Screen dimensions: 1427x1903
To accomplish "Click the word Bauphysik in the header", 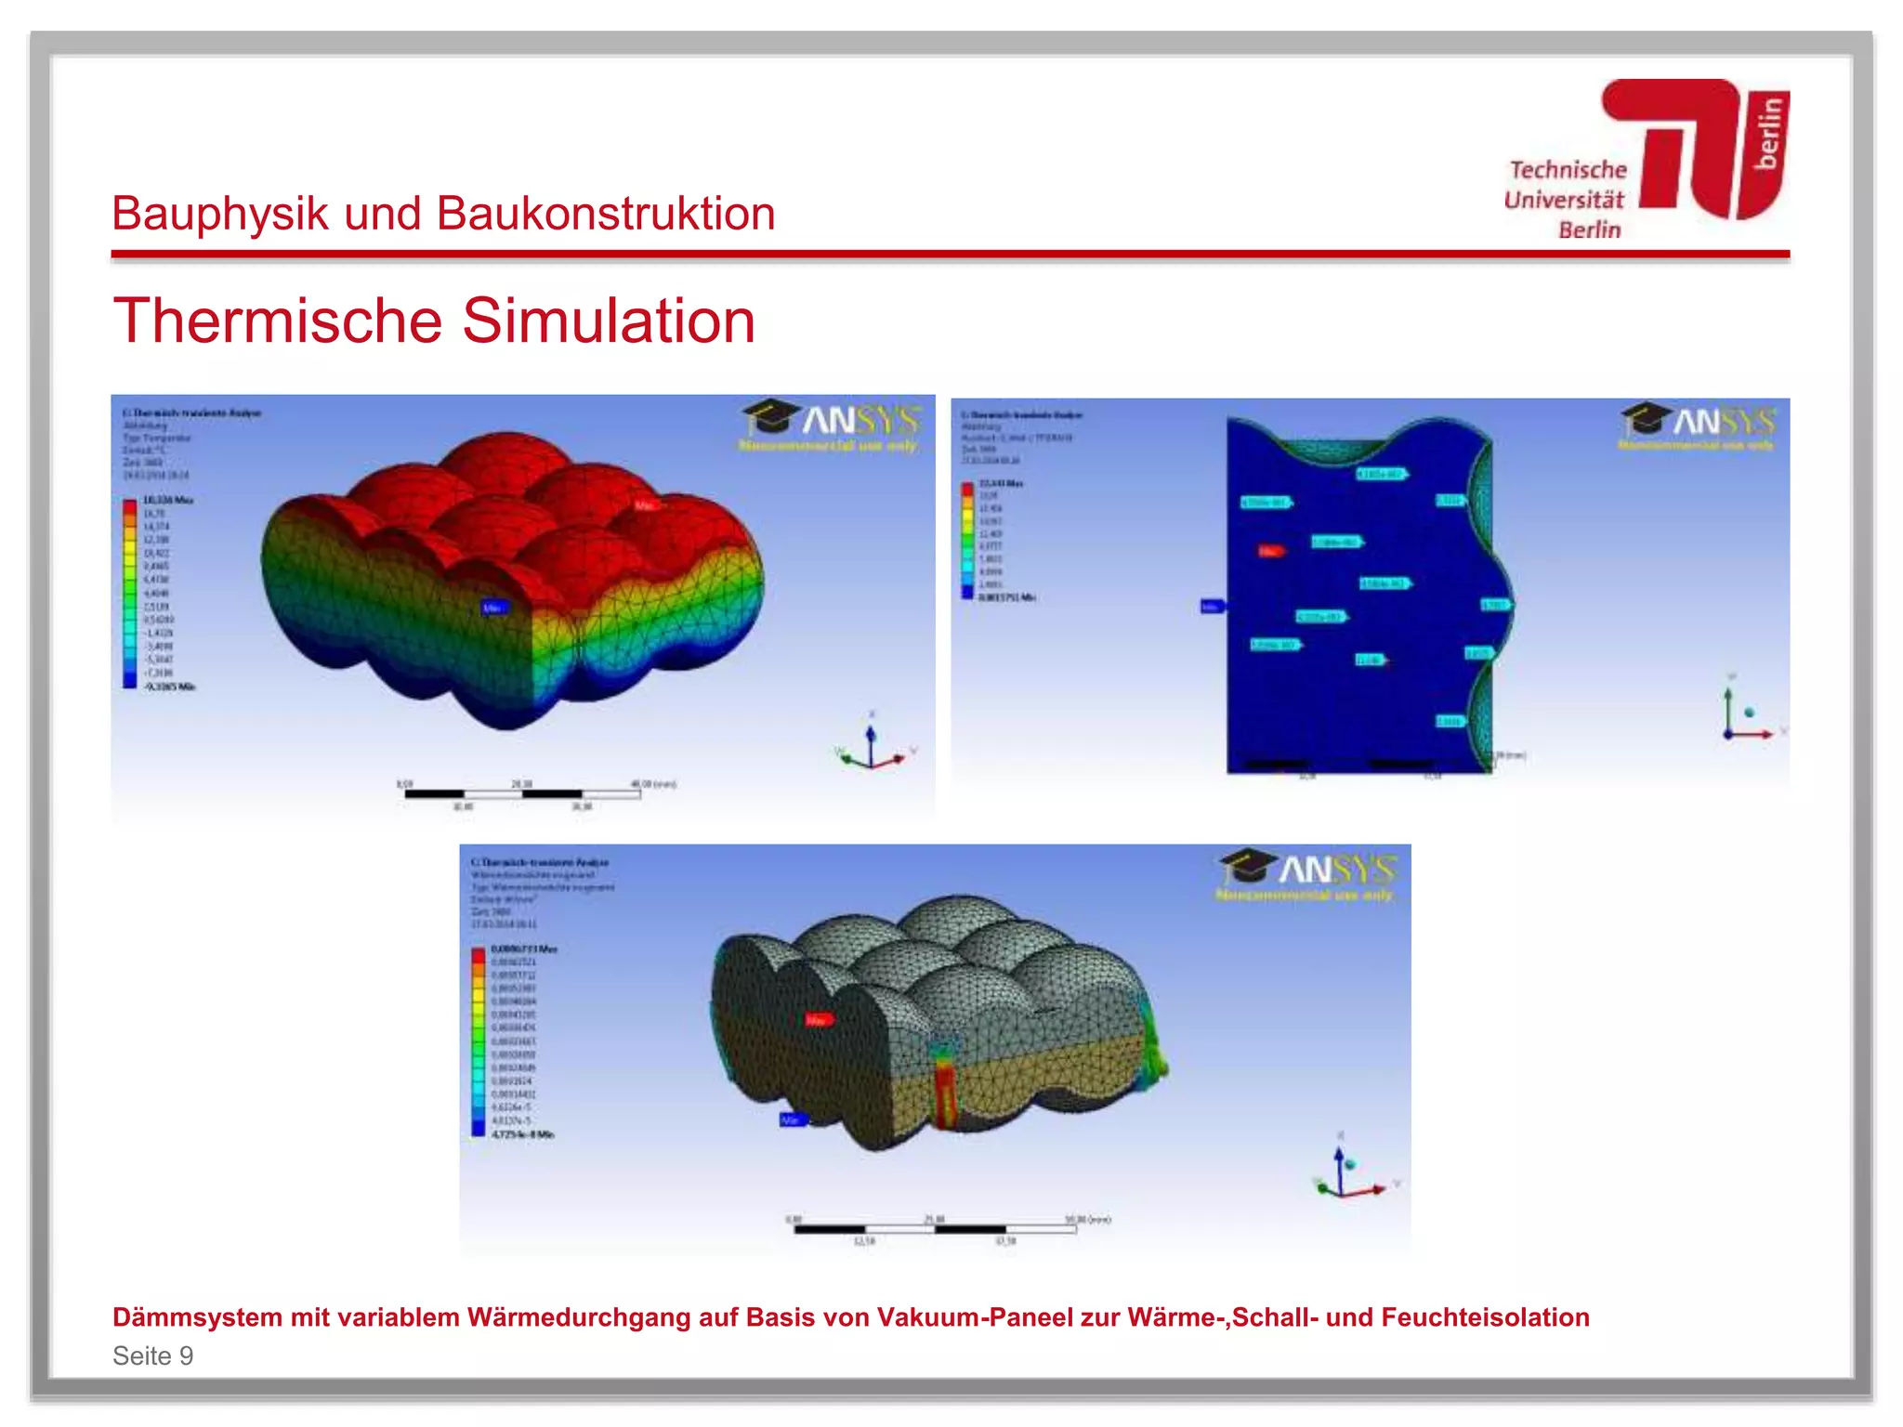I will [x=219, y=215].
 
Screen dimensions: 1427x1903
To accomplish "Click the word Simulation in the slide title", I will [x=609, y=321].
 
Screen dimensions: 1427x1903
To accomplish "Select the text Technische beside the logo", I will [x=1568, y=170].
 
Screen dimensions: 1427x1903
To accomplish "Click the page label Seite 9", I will [x=153, y=1355].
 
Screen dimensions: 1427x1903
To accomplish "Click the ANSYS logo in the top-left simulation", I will [x=833, y=422].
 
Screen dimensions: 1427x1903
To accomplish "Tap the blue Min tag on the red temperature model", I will [x=493, y=608].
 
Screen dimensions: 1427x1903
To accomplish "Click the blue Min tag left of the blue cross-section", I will [x=1212, y=607].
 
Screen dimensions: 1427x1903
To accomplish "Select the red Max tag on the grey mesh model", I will [x=817, y=1020].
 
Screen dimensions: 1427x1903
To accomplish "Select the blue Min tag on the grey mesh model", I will [x=792, y=1120].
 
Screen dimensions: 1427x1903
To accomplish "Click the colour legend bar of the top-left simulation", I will [x=130, y=594].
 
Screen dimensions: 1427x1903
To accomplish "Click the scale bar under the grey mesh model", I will [x=934, y=1229].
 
